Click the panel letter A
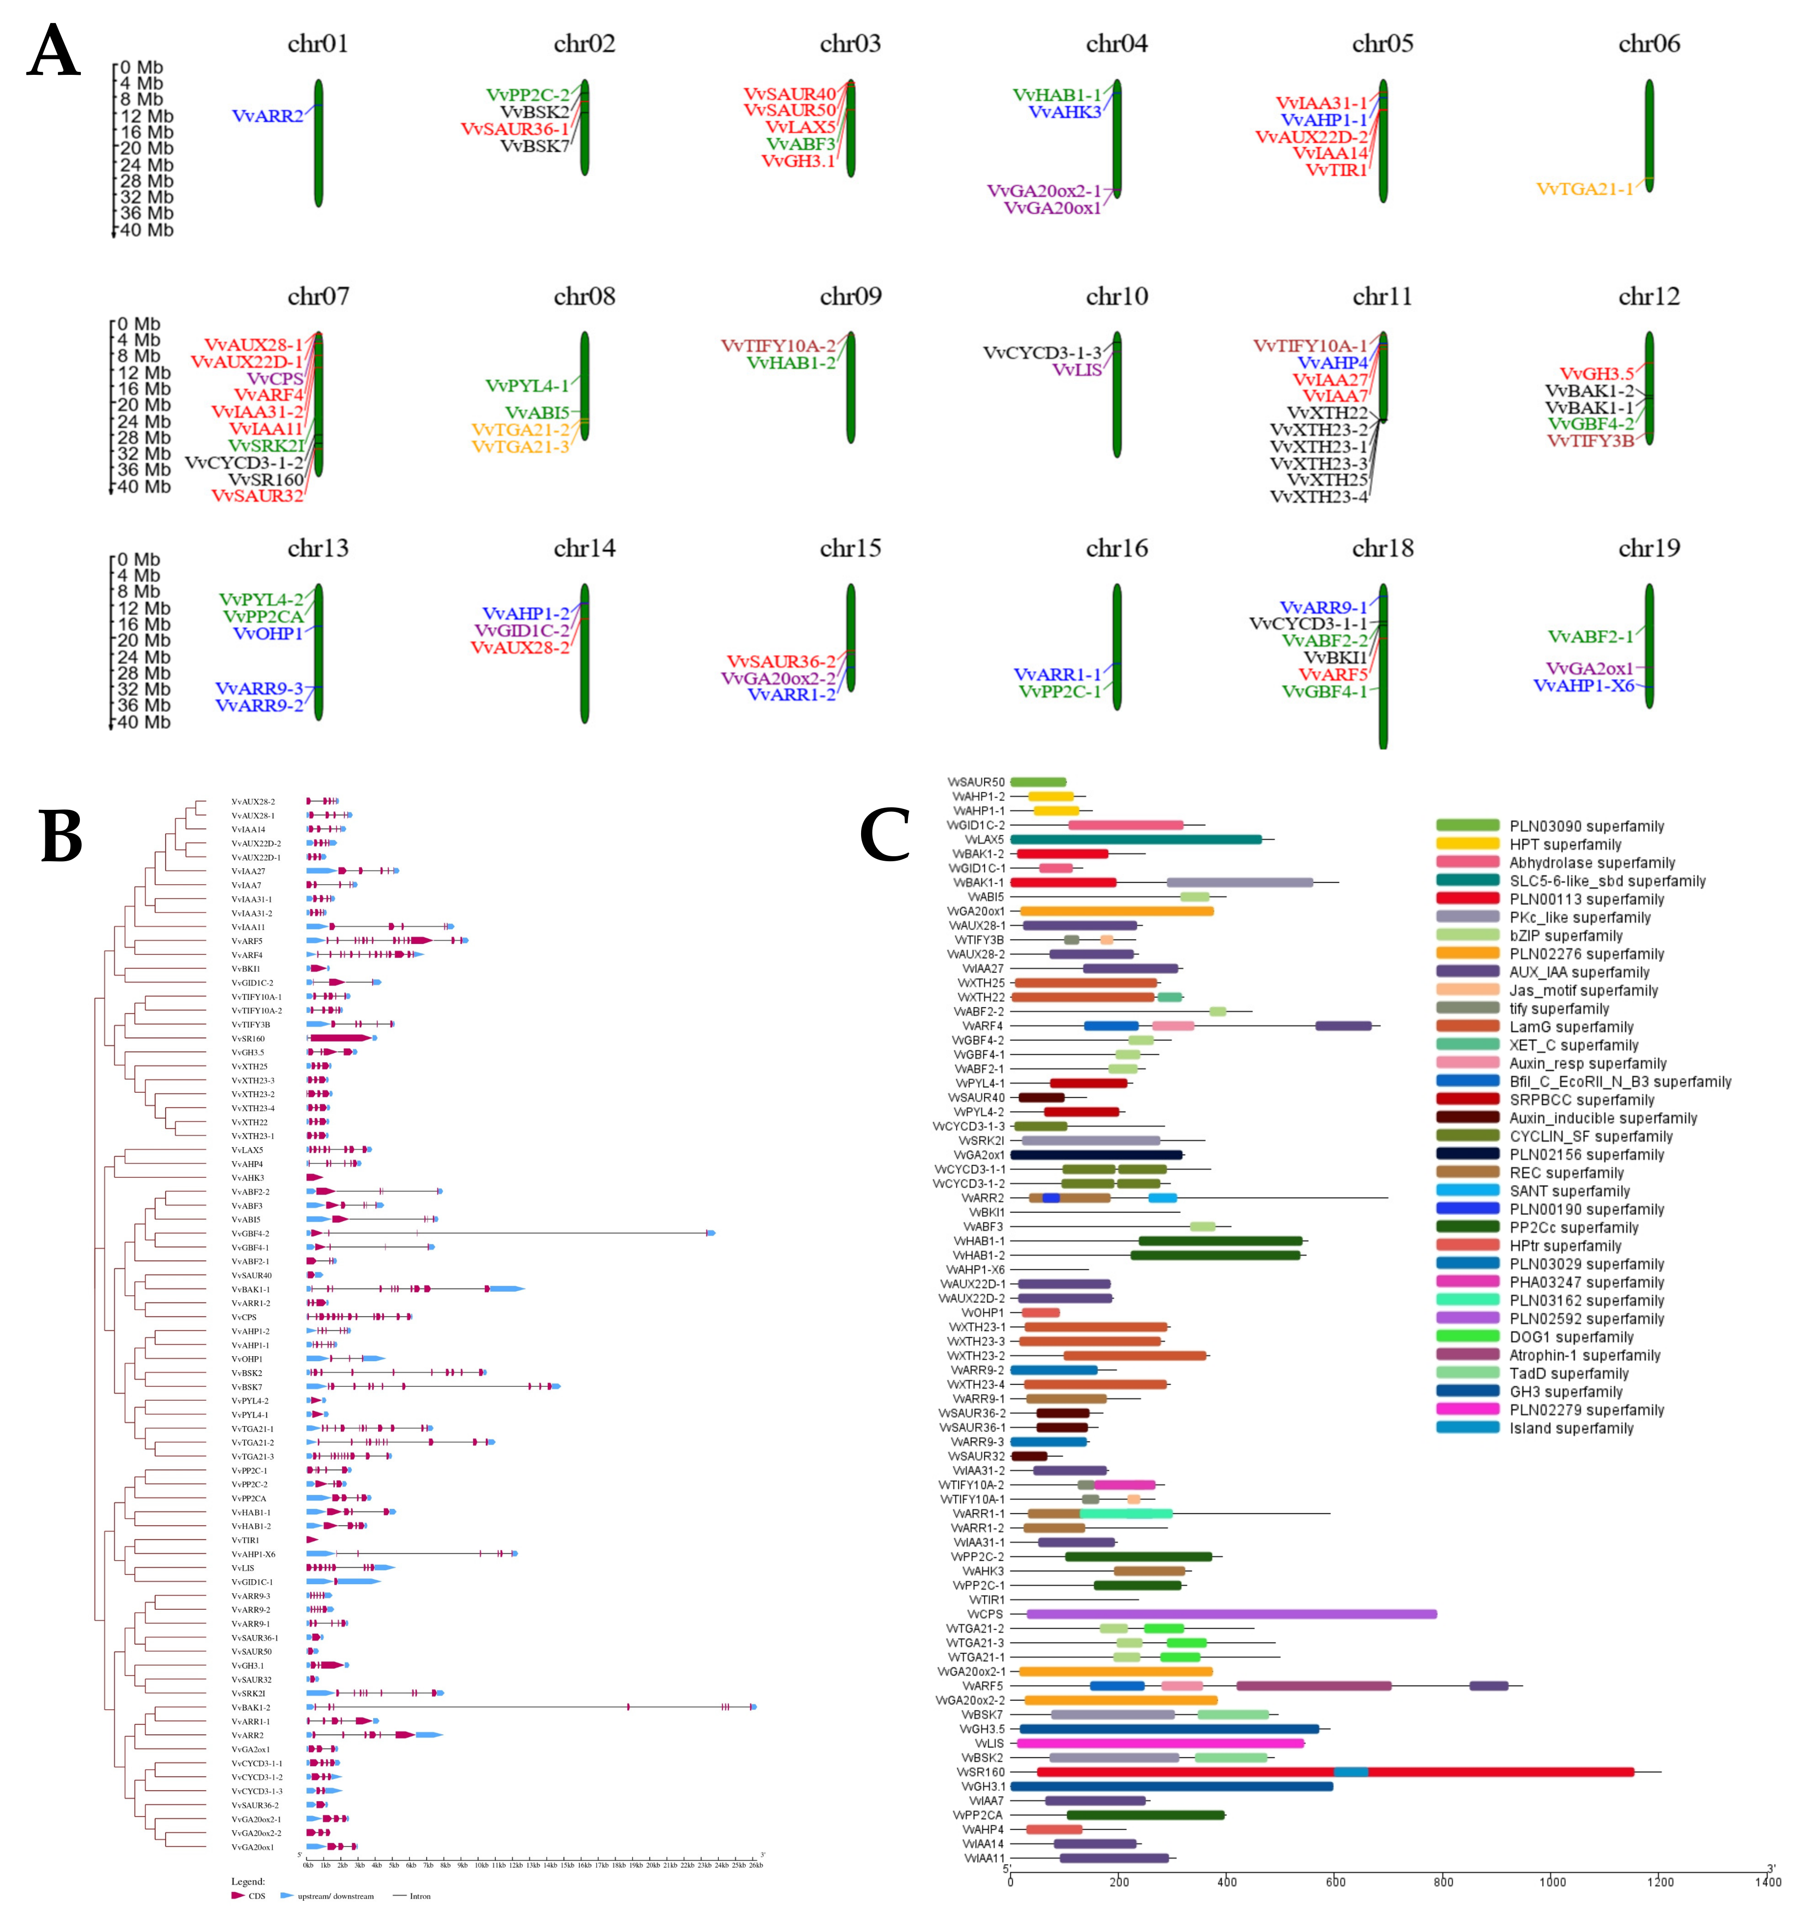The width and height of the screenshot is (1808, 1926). click(x=53, y=50)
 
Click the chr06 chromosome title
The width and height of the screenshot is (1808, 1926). click(x=1648, y=43)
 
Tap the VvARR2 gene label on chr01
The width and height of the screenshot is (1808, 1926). click(x=267, y=116)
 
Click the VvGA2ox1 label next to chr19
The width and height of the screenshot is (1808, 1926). click(x=1589, y=669)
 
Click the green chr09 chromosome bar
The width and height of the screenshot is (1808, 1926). click(x=851, y=388)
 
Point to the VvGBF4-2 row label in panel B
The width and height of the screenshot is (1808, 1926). click(x=250, y=1233)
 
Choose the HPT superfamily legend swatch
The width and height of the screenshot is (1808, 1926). click(x=1467, y=844)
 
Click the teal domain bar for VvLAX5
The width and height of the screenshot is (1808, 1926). click(x=1135, y=839)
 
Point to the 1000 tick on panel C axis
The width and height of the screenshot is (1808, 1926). click(x=1552, y=1882)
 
